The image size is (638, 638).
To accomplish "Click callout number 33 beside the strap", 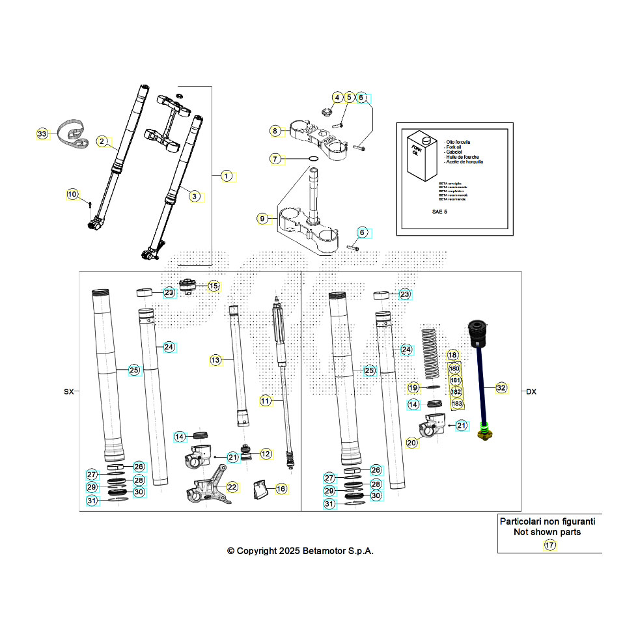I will click(x=42, y=133).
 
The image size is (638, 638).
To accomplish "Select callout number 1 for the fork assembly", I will click(x=226, y=176).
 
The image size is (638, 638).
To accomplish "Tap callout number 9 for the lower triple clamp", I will click(x=262, y=219).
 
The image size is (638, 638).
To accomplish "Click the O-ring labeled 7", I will click(x=312, y=159).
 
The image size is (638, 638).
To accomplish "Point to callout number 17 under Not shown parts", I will click(x=550, y=546).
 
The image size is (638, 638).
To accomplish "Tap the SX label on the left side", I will click(x=68, y=392).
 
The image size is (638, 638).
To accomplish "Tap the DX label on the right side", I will click(x=531, y=392).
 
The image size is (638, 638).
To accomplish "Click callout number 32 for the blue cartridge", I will click(x=501, y=388).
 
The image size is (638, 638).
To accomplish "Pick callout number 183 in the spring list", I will click(x=457, y=404).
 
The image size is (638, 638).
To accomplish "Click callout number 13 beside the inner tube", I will click(x=216, y=359).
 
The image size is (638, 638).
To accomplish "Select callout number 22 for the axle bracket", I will click(x=232, y=486).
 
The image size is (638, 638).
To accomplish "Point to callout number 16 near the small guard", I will click(x=281, y=488).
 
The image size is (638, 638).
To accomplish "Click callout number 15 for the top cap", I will click(x=214, y=286).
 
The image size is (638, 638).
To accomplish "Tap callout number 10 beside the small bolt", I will click(x=72, y=194).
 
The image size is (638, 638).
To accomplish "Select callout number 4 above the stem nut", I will click(x=337, y=98).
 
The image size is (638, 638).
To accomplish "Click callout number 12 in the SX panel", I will click(x=266, y=453).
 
